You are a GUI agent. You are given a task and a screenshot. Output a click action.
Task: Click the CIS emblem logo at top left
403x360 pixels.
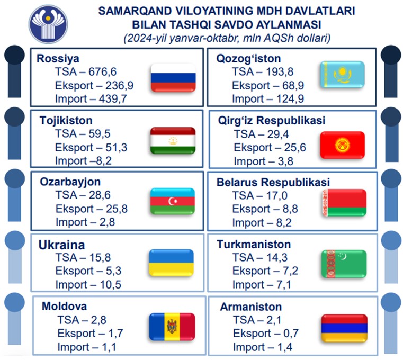[48, 24]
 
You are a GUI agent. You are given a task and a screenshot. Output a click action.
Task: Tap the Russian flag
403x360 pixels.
[173, 78]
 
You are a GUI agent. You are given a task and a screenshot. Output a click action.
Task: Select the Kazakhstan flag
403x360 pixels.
[342, 75]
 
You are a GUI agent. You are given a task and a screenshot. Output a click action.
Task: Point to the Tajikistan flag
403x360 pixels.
[173, 140]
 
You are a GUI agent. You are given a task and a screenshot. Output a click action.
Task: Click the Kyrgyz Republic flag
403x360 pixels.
[342, 145]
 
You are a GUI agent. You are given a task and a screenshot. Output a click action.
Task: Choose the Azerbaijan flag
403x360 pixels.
[173, 201]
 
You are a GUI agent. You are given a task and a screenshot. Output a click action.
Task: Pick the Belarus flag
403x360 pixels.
[344, 203]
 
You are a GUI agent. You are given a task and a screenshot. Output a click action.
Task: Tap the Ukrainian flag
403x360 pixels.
[171, 263]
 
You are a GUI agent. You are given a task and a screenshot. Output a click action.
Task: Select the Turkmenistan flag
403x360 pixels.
[344, 264]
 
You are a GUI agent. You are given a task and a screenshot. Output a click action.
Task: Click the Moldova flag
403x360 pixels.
[172, 327]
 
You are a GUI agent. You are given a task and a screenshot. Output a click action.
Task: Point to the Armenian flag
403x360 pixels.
[344, 328]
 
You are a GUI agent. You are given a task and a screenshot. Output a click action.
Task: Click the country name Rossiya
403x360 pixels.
[58, 59]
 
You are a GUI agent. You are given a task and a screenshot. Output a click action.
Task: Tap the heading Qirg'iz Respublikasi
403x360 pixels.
[272, 121]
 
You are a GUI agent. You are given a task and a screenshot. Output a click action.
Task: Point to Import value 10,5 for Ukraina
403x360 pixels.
[110, 285]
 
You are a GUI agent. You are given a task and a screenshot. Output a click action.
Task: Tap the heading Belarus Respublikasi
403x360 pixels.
[273, 182]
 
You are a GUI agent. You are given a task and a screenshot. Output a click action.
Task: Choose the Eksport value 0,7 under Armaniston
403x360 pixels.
[291, 334]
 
